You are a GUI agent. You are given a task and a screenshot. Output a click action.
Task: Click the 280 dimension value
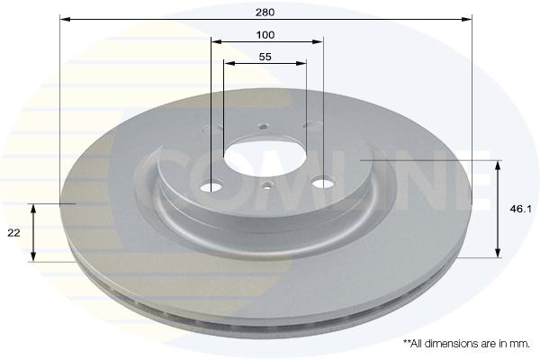click(265, 13)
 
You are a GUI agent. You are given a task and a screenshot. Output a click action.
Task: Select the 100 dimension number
click(265, 35)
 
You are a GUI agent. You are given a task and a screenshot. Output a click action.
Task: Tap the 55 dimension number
click(265, 57)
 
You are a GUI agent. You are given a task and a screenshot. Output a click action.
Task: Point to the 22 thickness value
click(13, 233)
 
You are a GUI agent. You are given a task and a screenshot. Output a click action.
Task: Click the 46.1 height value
click(521, 209)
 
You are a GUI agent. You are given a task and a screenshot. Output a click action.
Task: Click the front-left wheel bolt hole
click(211, 186)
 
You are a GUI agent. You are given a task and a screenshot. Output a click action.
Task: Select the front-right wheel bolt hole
click(323, 182)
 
